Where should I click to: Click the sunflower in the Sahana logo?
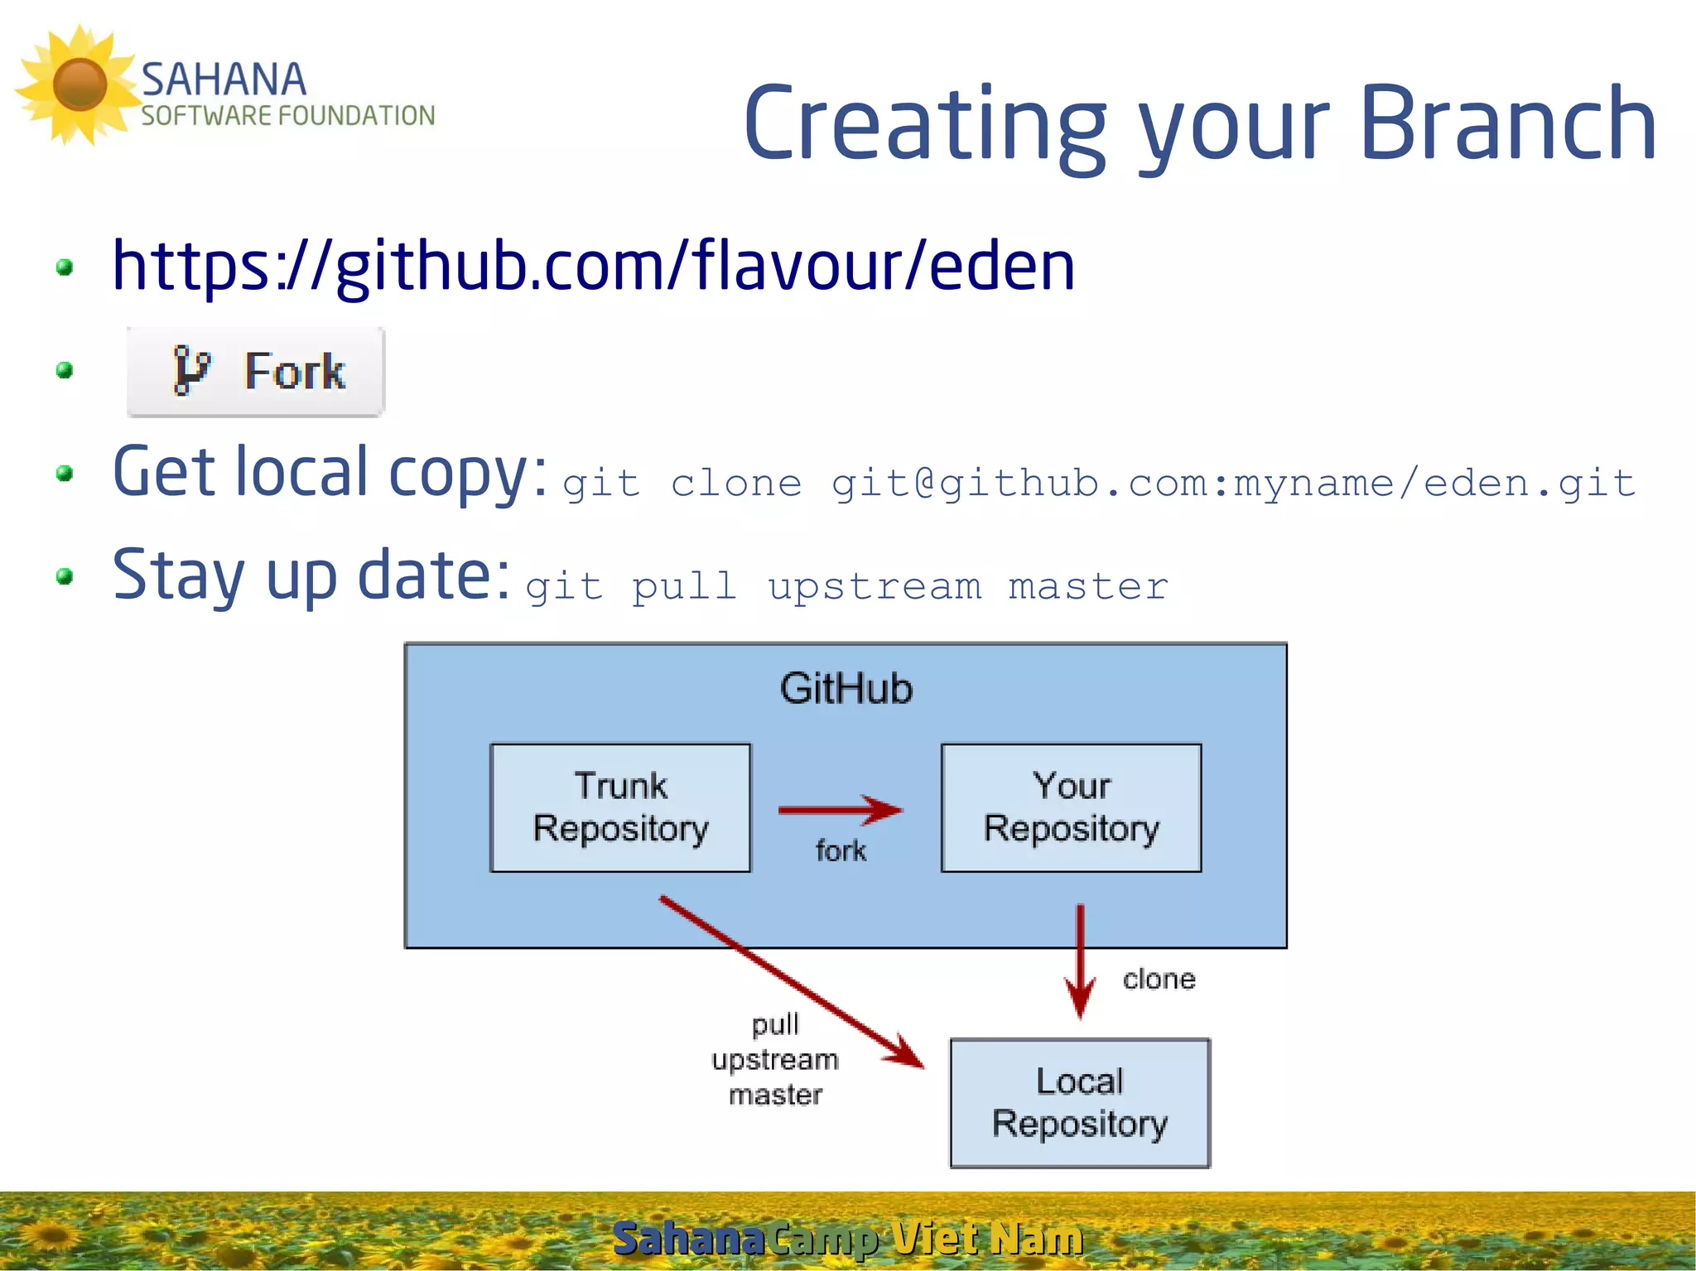click(79, 84)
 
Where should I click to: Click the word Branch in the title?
click(1507, 124)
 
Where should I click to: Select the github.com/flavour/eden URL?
click(593, 266)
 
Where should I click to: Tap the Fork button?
click(256, 371)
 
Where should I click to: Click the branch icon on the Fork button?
click(191, 370)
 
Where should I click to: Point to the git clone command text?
click(1098, 484)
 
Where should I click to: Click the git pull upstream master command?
click(846, 587)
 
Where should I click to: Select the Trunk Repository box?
click(620, 807)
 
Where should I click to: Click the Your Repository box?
click(1071, 807)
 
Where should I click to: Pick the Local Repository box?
click(1079, 1103)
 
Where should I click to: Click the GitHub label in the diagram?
click(846, 689)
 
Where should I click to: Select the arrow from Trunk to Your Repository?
click(840, 810)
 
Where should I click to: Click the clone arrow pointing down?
click(1080, 960)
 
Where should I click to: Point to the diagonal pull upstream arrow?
click(791, 981)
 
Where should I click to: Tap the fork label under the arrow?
click(841, 850)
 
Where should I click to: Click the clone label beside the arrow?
click(1159, 980)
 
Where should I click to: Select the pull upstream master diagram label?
click(775, 1060)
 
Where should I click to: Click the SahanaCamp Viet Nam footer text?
click(847, 1239)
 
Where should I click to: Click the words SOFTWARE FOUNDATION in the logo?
click(287, 116)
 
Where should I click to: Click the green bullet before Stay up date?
click(65, 576)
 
